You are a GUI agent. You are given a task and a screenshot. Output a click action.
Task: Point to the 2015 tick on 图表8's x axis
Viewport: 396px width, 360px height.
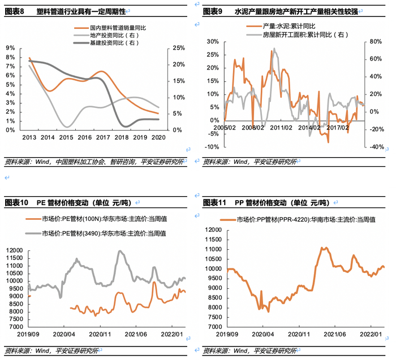pos(66,137)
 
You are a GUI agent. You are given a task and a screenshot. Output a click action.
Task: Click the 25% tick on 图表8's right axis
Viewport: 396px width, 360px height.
pos(177,47)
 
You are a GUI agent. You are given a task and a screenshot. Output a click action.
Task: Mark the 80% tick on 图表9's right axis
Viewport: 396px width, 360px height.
pos(375,41)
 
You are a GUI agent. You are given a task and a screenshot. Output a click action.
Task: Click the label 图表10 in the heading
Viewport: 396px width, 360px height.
pos(16,202)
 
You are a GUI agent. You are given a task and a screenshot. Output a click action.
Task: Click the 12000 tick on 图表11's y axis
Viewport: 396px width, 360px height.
pos(214,229)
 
